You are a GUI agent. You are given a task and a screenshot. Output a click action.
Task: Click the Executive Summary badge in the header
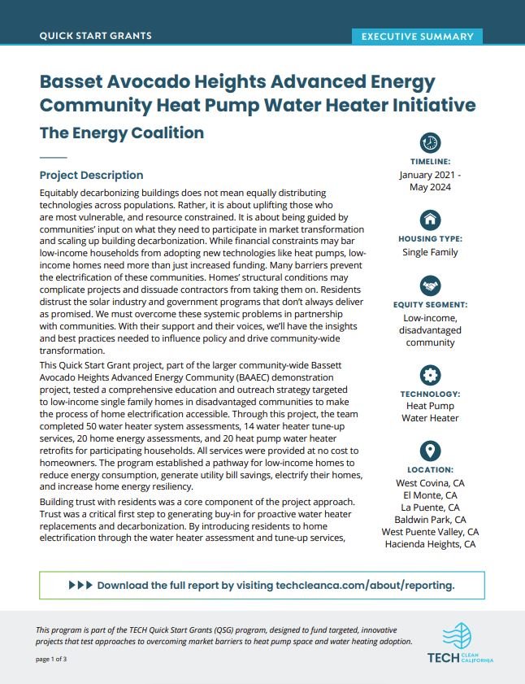417,37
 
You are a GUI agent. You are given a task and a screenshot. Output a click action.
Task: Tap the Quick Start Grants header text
95,36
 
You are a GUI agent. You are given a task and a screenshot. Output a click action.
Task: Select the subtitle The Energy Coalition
121,133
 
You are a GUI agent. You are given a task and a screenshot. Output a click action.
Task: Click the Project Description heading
91,175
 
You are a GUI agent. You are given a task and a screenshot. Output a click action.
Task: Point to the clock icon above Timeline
430,142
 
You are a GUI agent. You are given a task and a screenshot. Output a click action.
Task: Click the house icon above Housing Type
430,219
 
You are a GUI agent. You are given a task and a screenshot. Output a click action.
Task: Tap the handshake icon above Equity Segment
430,285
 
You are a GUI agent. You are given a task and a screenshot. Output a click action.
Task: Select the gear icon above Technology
430,375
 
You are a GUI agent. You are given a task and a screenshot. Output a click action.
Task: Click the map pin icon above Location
430,451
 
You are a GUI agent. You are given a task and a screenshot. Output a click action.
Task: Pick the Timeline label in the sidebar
430,162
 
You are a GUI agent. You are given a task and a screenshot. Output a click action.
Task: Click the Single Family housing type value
430,252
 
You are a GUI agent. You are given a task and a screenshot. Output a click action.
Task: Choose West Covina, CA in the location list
430,483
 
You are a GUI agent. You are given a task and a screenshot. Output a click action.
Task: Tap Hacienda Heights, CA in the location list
430,544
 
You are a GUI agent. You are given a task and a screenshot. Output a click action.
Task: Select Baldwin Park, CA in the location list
430,520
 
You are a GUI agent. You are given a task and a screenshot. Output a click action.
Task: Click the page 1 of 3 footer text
51,659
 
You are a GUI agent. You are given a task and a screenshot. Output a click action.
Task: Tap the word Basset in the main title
75,82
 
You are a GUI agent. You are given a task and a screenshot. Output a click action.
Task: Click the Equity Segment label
430,305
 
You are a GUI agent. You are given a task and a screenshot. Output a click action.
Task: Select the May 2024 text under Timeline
430,187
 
